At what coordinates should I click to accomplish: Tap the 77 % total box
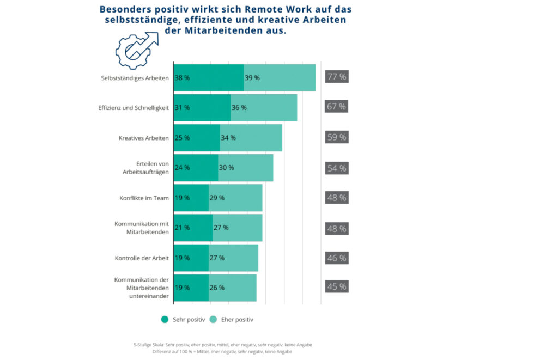[x=336, y=77]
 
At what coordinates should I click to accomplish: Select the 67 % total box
[x=336, y=106]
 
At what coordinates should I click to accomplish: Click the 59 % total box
[x=336, y=137]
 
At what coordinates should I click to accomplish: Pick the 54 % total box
[x=336, y=168]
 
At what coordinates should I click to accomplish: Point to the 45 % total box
[x=336, y=286]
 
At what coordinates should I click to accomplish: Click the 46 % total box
[x=336, y=258]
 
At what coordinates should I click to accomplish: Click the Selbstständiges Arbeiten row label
[x=135, y=78]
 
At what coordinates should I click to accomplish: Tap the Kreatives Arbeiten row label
[x=143, y=138]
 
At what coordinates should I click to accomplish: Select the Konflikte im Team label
[x=144, y=198]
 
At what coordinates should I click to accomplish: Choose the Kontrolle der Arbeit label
[x=142, y=258]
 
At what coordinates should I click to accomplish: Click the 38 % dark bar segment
[x=209, y=78]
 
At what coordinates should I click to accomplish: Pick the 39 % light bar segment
[x=280, y=78]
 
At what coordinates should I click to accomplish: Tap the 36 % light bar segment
[x=264, y=108]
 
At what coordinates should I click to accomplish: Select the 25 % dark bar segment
[x=197, y=138]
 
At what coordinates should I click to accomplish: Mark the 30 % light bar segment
[x=245, y=168]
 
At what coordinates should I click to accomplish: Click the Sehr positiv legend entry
[x=183, y=320]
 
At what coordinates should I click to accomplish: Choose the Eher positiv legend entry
[x=232, y=320]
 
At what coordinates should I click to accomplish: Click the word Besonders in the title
[x=128, y=9]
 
